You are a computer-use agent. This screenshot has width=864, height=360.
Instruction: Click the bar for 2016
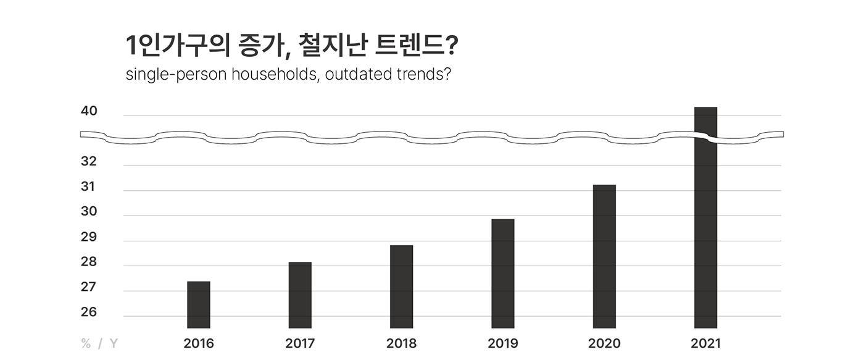click(x=199, y=304)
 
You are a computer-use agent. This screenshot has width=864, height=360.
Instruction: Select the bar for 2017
click(x=300, y=295)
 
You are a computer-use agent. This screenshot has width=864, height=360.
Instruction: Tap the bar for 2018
click(x=401, y=287)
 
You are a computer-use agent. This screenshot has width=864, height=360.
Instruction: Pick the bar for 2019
click(x=502, y=274)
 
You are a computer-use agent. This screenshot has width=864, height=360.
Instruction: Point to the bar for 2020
click(x=604, y=256)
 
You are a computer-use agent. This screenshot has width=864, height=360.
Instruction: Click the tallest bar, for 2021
click(x=705, y=235)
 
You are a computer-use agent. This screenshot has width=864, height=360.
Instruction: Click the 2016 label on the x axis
click(x=199, y=343)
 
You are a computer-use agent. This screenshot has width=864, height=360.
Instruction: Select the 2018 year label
click(x=401, y=343)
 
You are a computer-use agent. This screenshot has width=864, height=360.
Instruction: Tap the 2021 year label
click(x=705, y=343)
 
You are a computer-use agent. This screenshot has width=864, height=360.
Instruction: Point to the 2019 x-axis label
click(x=502, y=343)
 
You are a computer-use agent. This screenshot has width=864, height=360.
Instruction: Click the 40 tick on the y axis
click(x=89, y=112)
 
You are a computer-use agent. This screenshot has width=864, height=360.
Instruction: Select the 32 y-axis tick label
click(x=89, y=162)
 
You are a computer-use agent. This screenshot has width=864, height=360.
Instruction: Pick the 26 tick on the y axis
click(x=89, y=312)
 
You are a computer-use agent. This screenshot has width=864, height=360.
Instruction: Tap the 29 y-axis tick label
click(x=89, y=237)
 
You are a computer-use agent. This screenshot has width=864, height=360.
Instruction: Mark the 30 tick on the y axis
click(x=89, y=212)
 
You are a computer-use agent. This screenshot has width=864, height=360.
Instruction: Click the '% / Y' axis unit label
click(x=99, y=343)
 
